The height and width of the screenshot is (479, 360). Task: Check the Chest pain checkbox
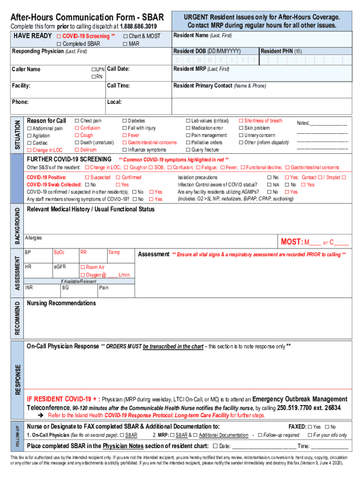77,121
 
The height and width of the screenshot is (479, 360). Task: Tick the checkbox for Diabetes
124,121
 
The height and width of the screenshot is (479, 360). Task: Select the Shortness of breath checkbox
241,121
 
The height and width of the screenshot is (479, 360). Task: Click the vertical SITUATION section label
18,135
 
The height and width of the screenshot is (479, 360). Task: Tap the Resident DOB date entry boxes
215,60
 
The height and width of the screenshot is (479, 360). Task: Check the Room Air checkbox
83,267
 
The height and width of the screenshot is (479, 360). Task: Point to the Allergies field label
34,238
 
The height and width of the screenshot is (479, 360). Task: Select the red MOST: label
291,242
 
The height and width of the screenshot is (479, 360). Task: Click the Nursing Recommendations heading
61,303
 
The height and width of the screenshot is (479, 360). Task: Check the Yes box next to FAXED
310,427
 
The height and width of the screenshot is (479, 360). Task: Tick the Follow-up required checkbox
260,435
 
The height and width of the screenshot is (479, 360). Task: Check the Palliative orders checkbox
188,143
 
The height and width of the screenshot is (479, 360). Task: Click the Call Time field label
118,86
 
